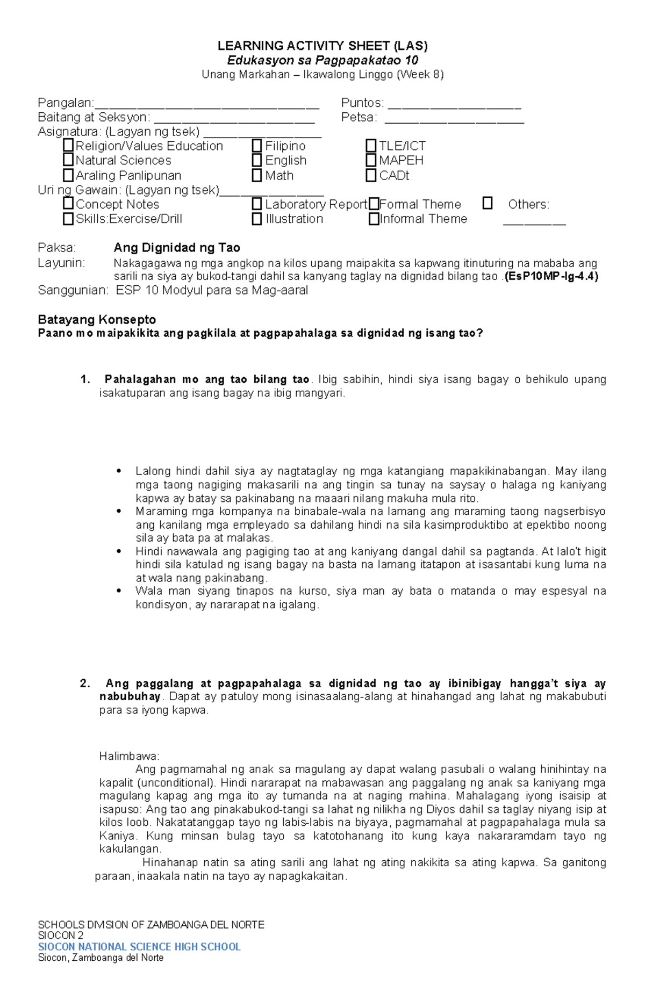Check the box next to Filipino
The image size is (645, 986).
[257, 146]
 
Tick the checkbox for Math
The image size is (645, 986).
[257, 175]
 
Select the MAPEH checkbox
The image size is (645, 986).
[371, 160]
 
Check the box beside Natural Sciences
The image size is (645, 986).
[68, 160]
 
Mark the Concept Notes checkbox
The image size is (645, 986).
[68, 204]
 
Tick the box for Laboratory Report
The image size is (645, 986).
[257, 204]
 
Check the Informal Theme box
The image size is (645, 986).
[374, 219]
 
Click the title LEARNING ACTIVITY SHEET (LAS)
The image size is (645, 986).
[322, 46]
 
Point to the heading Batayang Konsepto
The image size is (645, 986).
[97, 320]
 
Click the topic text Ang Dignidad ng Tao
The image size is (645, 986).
[177, 248]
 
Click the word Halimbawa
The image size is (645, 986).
[129, 756]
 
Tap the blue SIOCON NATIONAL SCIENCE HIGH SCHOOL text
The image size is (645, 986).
[139, 946]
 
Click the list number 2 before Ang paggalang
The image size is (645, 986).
[84, 683]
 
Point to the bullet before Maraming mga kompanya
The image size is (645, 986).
[119, 512]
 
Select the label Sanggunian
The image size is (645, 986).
[73, 291]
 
